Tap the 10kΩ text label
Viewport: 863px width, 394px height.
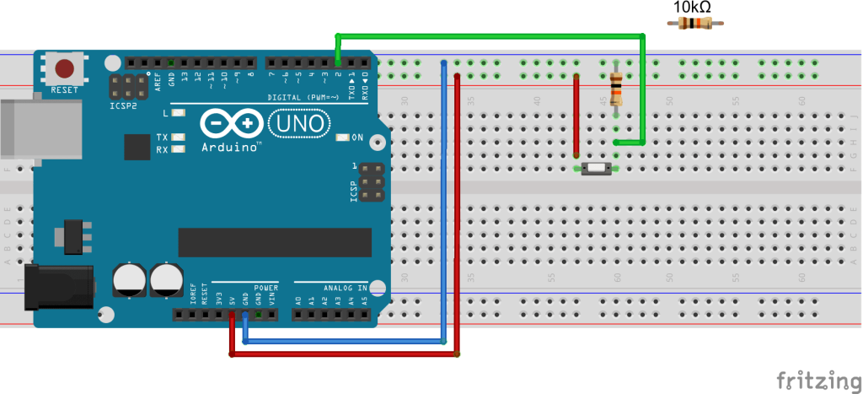tap(693, 8)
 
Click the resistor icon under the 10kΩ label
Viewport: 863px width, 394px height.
tap(694, 24)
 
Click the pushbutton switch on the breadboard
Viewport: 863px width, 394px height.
tap(597, 169)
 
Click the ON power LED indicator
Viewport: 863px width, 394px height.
tap(342, 138)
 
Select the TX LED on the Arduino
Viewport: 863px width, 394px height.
tap(178, 137)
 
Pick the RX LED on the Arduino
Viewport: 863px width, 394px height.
tap(178, 150)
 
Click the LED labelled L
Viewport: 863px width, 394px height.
tap(178, 112)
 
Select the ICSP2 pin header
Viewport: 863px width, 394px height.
tap(124, 85)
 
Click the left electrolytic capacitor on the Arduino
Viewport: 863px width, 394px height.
tap(129, 280)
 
